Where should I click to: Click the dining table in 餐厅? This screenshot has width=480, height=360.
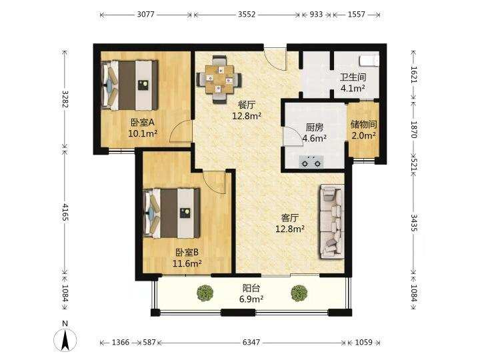point(219,79)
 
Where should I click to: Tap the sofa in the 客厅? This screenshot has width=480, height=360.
point(332,221)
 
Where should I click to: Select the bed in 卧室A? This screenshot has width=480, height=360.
point(130,85)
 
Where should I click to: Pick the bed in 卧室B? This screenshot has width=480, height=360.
point(171,213)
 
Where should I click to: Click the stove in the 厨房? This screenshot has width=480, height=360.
point(311,161)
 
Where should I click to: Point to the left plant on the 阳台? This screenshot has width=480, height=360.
point(205,293)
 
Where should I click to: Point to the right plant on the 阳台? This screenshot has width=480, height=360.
point(299,293)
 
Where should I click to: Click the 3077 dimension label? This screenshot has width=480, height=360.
point(146,15)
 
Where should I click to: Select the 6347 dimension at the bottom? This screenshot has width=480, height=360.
point(251,342)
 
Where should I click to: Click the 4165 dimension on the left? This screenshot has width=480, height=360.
point(65,211)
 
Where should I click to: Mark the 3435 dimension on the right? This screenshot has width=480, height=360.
point(414,223)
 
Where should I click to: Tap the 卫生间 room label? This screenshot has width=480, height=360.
point(353,77)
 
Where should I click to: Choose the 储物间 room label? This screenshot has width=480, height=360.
point(363,124)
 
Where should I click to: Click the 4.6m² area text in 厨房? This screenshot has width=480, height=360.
point(315,138)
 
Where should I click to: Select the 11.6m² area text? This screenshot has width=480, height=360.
point(187,263)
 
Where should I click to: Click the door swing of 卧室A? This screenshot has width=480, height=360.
point(181,131)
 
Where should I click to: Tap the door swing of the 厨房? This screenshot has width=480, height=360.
point(293,137)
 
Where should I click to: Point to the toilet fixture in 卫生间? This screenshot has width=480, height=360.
point(370,60)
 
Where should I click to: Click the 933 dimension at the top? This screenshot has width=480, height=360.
point(316,15)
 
